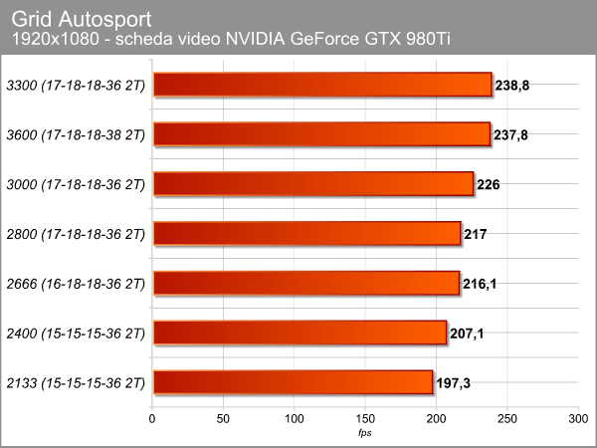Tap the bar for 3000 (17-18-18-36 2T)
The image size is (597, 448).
pyautogui.click(x=312, y=184)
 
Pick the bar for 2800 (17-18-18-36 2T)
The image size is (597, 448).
pyautogui.click(x=306, y=234)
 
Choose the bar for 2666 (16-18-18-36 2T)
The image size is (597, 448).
pyautogui.click(x=305, y=284)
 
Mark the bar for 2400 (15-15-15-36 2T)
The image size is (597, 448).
pyautogui.click(x=298, y=333)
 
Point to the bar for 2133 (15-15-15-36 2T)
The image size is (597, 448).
pyautogui.click(x=293, y=382)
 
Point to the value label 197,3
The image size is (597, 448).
pyautogui.click(x=454, y=383)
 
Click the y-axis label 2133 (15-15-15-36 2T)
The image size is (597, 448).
pyautogui.click(x=76, y=382)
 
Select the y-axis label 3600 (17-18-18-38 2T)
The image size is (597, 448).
pyautogui.click(x=76, y=134)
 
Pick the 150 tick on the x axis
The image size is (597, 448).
pyautogui.click(x=365, y=418)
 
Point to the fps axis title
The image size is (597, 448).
pyautogui.click(x=365, y=432)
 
